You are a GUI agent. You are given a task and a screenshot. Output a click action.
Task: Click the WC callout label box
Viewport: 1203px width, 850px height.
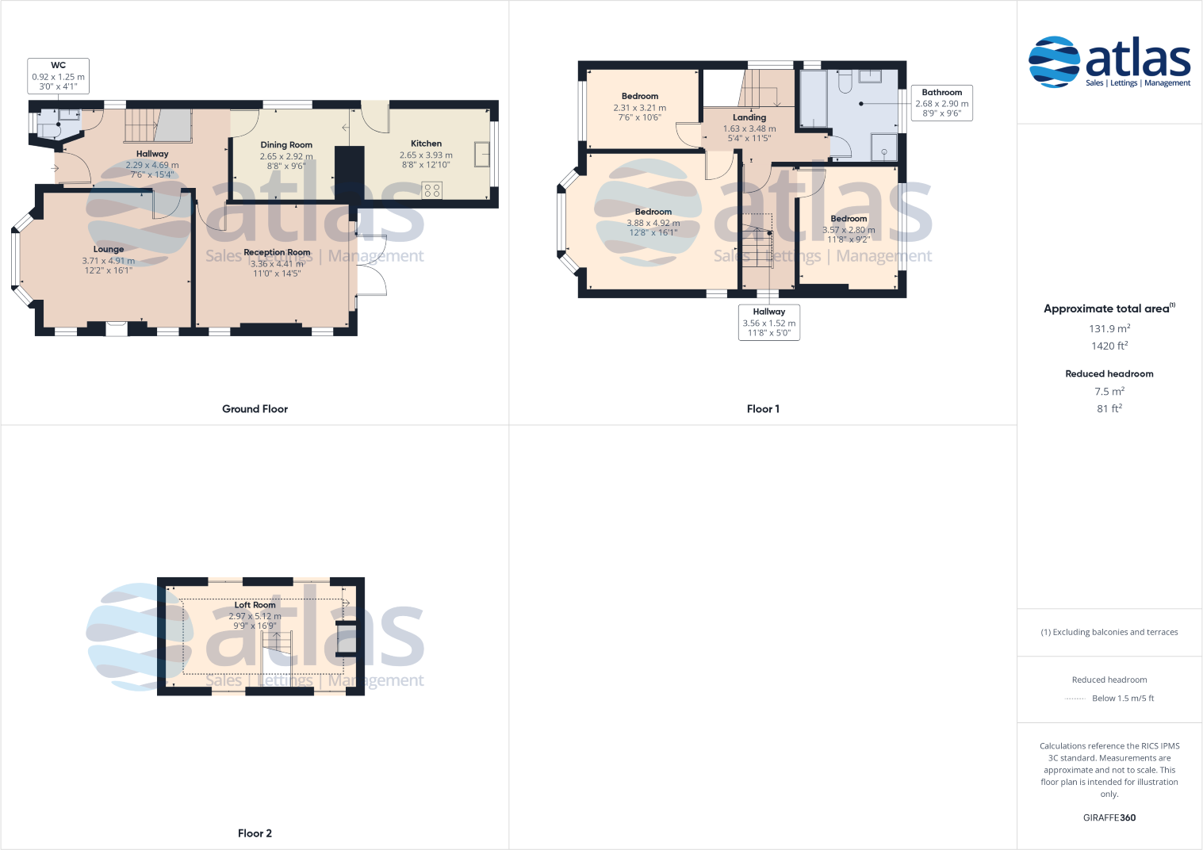tap(58, 76)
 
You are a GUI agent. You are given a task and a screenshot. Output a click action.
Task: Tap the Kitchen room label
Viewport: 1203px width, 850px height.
tap(426, 144)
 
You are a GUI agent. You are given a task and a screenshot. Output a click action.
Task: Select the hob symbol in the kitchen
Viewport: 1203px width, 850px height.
tap(432, 190)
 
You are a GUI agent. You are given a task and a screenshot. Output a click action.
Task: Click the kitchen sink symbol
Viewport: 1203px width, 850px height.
tap(482, 154)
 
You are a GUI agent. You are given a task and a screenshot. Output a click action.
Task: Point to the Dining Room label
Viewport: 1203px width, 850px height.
tap(286, 145)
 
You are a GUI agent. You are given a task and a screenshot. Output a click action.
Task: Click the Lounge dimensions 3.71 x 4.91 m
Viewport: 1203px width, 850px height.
tap(109, 261)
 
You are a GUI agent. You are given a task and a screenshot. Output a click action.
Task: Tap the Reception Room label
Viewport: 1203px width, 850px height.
tap(277, 252)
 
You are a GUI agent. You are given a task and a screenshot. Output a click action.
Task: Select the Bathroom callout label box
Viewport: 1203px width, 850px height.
tap(941, 103)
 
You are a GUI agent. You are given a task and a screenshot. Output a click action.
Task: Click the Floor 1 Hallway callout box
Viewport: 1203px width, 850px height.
tap(768, 323)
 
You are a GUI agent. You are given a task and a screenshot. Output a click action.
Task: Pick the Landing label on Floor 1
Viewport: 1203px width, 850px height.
tap(749, 117)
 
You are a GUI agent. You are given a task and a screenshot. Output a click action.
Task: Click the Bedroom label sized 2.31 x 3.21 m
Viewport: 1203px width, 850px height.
tap(640, 96)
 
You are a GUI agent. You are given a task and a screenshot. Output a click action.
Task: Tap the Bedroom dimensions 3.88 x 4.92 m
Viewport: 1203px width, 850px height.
tap(653, 223)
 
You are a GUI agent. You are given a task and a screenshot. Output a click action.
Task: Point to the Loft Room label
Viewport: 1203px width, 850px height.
tap(255, 605)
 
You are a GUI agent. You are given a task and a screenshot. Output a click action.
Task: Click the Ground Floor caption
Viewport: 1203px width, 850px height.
tap(255, 409)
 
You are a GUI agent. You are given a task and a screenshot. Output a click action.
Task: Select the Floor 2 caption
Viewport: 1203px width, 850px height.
tap(255, 833)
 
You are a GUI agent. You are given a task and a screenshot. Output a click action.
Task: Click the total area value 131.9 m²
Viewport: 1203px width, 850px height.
tap(1109, 328)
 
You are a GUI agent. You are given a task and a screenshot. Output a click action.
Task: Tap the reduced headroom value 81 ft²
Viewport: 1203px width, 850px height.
tap(1109, 408)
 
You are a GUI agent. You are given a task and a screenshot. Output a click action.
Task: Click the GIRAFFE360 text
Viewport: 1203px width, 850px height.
tap(1109, 817)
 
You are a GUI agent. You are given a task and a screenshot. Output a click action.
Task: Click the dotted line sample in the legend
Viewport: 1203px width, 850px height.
tap(1075, 699)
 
